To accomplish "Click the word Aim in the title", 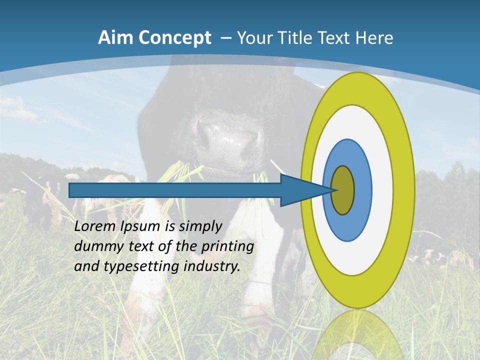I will click(x=116, y=37).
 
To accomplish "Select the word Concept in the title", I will click(x=174, y=37).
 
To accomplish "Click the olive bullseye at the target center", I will click(x=342, y=190).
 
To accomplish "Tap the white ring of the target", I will click(x=382, y=190).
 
